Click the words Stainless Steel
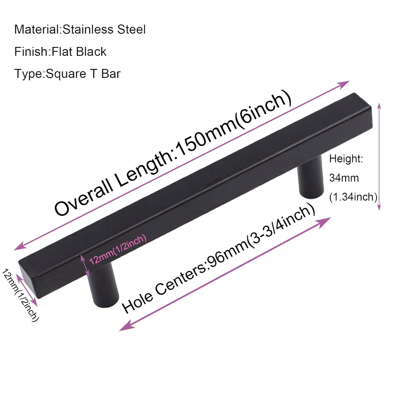(104, 29)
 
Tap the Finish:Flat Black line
(60, 51)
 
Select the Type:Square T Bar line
(67, 74)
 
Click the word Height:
(346, 159)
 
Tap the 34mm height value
(344, 178)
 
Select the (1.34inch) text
(353, 197)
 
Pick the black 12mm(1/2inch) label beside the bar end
(20, 295)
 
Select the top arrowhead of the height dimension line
(379, 106)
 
